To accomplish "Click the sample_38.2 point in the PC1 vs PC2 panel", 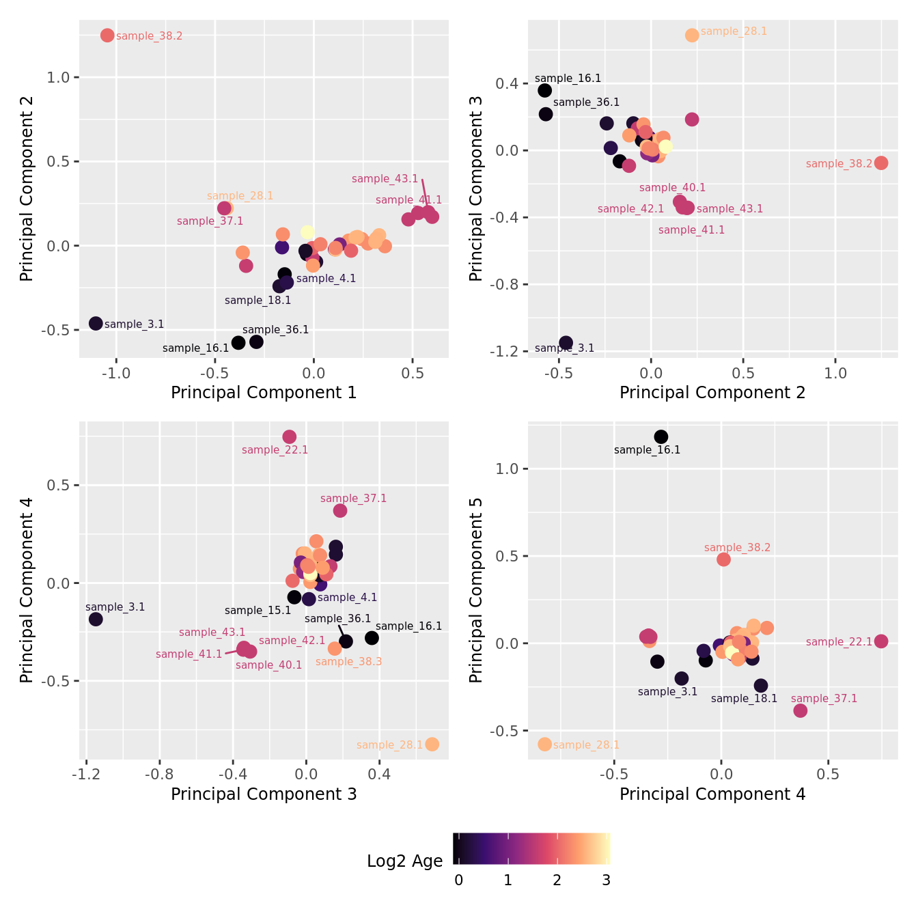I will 107,36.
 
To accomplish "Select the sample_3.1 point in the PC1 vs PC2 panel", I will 96,324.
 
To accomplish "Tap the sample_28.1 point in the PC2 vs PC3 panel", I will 692,36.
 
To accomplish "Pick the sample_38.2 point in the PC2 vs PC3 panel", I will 881,163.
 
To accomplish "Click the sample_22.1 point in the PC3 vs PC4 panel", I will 290,437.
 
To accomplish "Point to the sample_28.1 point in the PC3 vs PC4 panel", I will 432,745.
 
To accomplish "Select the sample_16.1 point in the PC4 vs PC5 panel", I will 661,437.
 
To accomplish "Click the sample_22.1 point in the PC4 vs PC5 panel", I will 881,641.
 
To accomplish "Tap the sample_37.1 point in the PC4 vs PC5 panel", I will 801,711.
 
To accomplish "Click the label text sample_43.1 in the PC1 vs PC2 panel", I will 385,179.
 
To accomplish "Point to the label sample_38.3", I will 348,661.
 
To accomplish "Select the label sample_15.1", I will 258,611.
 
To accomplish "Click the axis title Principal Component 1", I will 264,393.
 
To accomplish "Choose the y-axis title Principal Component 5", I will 476,589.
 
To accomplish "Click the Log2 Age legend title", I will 405,861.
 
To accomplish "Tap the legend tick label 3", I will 606,880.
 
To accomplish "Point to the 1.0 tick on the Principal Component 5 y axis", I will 508,469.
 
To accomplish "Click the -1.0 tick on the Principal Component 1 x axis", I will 116,373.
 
